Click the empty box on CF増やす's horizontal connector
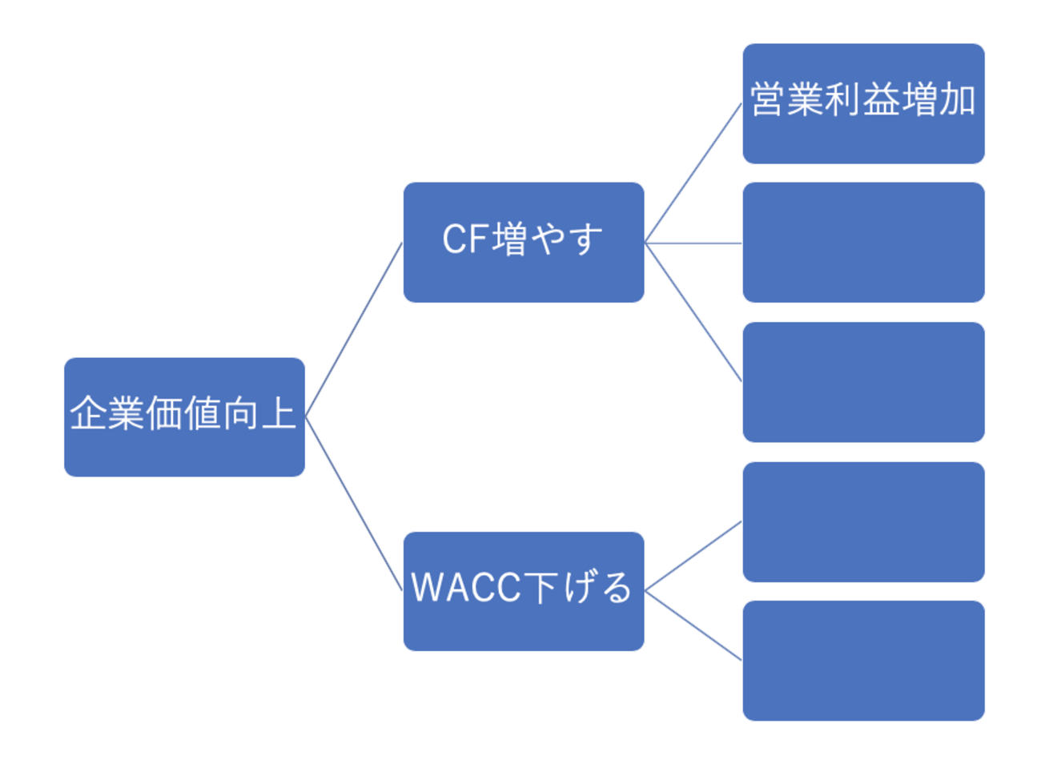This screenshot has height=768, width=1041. coord(863,242)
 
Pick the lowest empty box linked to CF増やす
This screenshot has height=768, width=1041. coord(863,382)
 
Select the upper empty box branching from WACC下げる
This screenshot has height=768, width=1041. coord(863,521)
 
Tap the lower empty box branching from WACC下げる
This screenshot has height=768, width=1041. coord(863,661)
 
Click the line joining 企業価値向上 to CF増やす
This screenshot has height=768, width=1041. coord(354,329)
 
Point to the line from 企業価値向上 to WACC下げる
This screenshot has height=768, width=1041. coord(354,504)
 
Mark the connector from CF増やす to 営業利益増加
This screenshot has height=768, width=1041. coord(693,172)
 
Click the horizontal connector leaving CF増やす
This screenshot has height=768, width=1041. coord(693,243)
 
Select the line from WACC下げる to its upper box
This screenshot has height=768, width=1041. coord(693,556)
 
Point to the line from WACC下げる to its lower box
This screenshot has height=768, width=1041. coord(693,625)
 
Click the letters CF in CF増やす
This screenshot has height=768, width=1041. coord(466,239)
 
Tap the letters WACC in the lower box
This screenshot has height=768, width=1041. coord(466,587)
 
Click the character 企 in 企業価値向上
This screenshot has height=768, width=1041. coord(88,414)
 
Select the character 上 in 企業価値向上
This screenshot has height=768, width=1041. coord(278,414)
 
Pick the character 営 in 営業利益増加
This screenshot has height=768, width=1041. coord(767,100)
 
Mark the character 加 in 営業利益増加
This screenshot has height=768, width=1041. coord(958,100)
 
